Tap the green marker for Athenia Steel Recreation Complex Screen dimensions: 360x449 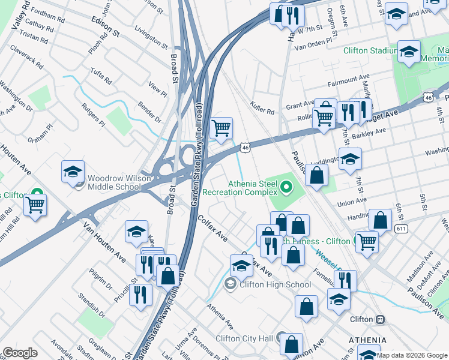(x=286, y=188)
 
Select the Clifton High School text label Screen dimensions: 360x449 (x=275, y=284)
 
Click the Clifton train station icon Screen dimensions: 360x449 (x=379, y=319)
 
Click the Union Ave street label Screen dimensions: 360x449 (x=352, y=201)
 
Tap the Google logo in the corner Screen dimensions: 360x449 (x=20, y=353)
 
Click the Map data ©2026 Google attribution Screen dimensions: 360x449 (x=412, y=355)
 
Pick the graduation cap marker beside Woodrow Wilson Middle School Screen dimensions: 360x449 (x=73, y=172)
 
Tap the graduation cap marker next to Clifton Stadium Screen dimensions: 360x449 (x=409, y=52)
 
